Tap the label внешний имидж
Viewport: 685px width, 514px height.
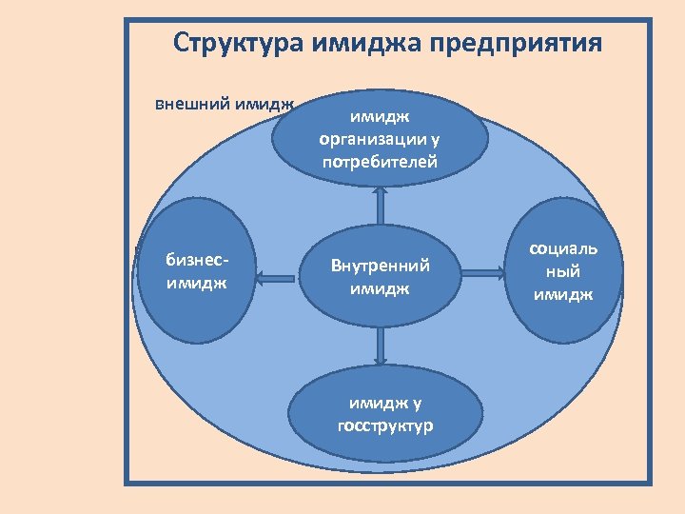pos(225,103)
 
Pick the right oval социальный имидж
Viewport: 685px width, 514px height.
pos(563,270)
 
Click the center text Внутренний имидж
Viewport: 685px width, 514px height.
pos(380,276)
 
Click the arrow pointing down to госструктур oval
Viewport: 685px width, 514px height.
pos(381,346)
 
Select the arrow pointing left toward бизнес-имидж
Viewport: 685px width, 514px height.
pos(277,278)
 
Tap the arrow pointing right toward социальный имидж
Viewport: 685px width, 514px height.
pos(485,274)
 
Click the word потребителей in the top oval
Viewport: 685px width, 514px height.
pos(380,162)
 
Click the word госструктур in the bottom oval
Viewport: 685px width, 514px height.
pos(384,425)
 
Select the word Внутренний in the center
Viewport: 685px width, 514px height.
pos(380,266)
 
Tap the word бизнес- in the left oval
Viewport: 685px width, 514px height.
pos(196,260)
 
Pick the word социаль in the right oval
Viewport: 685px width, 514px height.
pos(563,248)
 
